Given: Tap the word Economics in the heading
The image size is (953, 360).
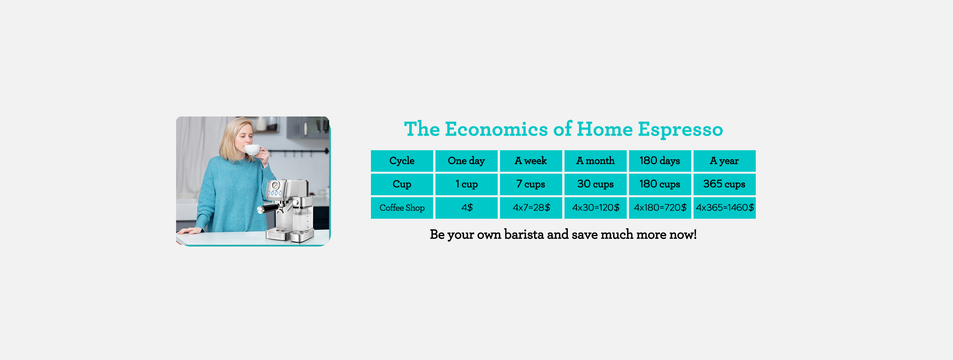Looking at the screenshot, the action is tap(496, 129).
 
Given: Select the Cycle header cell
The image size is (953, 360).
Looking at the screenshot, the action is tap(402, 161).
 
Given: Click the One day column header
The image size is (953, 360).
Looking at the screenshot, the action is tap(466, 161).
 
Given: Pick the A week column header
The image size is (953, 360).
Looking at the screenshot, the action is tap(531, 161).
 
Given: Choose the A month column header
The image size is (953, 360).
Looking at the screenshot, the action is tap(595, 161).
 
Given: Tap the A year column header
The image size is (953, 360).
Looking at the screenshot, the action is tap(724, 161).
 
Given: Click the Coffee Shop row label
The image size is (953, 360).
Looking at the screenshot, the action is tap(402, 208).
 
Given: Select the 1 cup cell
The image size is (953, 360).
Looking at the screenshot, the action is tap(466, 184).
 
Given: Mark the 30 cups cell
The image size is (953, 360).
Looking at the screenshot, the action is tap(595, 184).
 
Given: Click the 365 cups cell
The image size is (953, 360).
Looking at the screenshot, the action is tap(724, 184).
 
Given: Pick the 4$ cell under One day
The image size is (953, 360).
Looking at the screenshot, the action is tap(466, 208).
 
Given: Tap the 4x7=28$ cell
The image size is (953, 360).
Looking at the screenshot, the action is tap(531, 208).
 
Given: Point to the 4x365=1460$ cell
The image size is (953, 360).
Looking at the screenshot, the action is tap(724, 208).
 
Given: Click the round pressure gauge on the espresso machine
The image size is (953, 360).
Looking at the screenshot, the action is tap(275, 185).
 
